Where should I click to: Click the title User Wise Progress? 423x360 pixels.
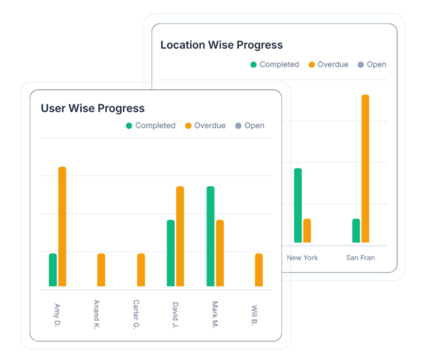click(92, 108)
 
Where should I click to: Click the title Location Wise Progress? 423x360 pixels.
click(221, 45)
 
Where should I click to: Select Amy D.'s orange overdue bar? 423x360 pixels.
click(62, 226)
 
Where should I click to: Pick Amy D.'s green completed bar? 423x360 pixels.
click(53, 270)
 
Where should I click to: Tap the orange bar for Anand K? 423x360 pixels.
click(102, 270)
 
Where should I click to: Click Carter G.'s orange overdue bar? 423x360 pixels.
click(141, 270)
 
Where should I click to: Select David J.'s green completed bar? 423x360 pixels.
click(171, 253)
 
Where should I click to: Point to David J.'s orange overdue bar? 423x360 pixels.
click(180, 236)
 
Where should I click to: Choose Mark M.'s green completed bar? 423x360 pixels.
click(210, 236)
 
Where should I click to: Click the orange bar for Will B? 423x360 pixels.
click(259, 270)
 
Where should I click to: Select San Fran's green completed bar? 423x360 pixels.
click(356, 230)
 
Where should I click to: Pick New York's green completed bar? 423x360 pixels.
click(298, 205)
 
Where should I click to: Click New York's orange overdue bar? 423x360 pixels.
click(307, 230)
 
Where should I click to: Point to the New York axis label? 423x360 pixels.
click(302, 258)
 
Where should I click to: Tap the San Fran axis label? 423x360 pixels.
click(360, 258)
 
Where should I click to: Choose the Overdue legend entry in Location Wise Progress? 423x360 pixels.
click(328, 65)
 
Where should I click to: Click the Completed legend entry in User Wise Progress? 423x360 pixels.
click(150, 126)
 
